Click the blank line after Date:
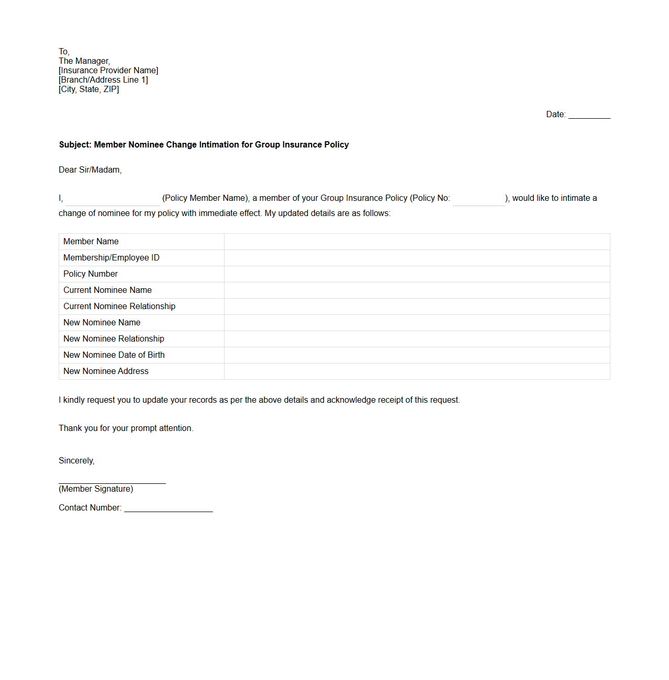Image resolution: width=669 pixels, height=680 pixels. [x=589, y=115]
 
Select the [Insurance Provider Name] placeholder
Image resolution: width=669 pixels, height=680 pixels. [x=108, y=71]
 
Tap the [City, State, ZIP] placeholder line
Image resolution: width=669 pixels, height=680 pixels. [x=89, y=89]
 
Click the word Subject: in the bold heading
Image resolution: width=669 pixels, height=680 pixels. [x=75, y=145]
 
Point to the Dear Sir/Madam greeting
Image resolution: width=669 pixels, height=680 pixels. [x=90, y=170]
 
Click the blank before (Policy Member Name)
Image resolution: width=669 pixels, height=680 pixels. [x=112, y=199]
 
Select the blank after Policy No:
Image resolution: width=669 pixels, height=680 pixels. [x=478, y=199]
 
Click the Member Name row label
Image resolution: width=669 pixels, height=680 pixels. [x=91, y=242]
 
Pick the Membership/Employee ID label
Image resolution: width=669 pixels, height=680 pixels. [x=111, y=258]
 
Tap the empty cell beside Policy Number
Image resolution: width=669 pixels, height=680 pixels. [x=417, y=274]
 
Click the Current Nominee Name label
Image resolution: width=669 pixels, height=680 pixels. [x=107, y=290]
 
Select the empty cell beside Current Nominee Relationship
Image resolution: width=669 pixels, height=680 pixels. [x=417, y=307]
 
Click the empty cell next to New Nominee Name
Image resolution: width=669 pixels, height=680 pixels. [x=417, y=323]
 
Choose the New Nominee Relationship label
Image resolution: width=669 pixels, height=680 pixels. [x=114, y=339]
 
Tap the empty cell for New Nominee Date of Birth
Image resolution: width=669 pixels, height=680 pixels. [x=417, y=355]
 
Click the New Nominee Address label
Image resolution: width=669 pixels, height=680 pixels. [x=106, y=371]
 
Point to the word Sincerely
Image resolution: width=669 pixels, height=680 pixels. [x=76, y=461]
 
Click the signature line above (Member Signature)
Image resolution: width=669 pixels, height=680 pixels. [x=112, y=481]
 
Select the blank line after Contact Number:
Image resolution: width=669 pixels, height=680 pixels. [x=168, y=509]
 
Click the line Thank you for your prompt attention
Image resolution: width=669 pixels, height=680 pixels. [x=126, y=428]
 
